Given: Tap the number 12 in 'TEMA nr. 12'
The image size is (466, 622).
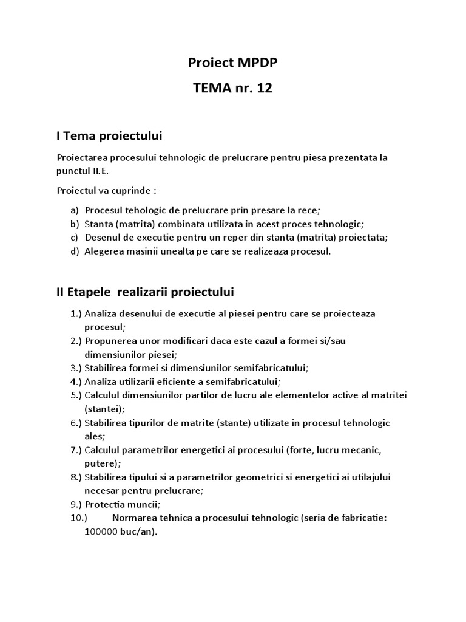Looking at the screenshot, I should point(265,89).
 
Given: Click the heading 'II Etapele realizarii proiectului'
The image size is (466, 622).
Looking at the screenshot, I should point(145,292).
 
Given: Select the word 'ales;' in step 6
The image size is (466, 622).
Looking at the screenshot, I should point(95,436).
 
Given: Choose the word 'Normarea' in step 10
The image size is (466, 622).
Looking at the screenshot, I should point(132,518).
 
